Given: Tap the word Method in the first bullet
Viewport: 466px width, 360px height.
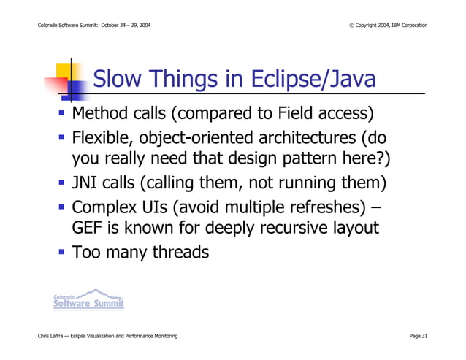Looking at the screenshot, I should (x=103, y=115).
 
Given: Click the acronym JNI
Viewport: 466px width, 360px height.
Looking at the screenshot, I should (x=85, y=183).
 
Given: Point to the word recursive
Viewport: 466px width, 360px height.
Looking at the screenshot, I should (x=286, y=228).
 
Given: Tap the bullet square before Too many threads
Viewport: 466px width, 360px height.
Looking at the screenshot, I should (x=63, y=253).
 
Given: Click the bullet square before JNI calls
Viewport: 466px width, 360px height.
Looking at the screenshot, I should (x=63, y=183).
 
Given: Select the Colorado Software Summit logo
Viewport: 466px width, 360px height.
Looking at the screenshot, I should (x=88, y=299).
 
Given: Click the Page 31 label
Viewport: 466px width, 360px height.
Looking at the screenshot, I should (x=419, y=335).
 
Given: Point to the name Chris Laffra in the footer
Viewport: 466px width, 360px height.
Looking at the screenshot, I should (x=53, y=335).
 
